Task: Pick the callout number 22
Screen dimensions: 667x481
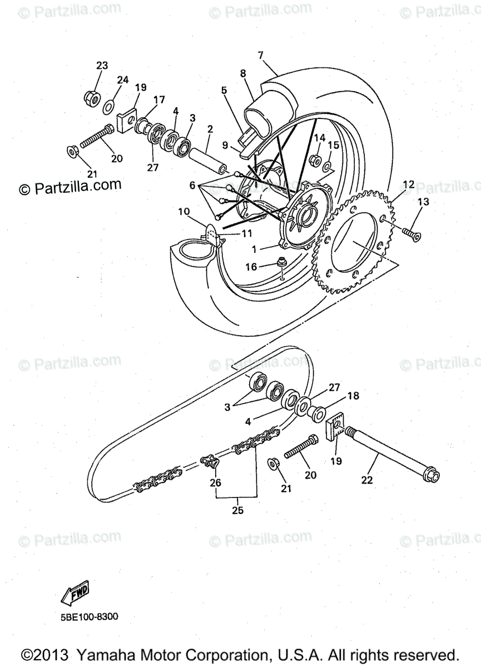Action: pyautogui.click(x=366, y=480)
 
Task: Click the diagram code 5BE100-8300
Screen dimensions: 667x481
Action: pyautogui.click(x=87, y=616)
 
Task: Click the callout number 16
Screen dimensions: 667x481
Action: pyautogui.click(x=252, y=267)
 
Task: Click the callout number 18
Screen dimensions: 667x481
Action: pyautogui.click(x=353, y=396)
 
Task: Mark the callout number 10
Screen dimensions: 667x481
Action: pyautogui.click(x=184, y=211)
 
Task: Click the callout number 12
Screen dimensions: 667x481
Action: pyautogui.click(x=409, y=184)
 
